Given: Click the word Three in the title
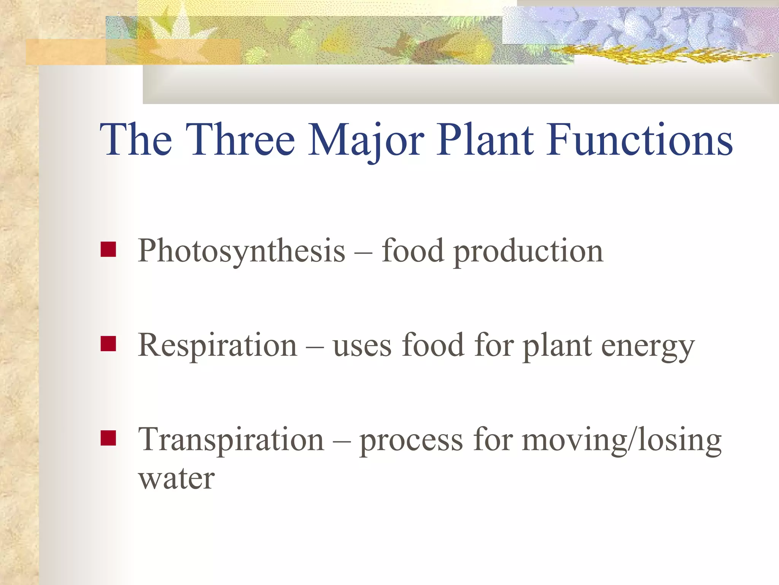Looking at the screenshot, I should tap(240, 140).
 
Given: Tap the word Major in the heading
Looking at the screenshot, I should tap(366, 140).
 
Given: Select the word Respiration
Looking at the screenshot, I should tap(217, 345).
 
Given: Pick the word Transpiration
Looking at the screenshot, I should tap(231, 440).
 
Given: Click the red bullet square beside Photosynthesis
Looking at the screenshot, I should tap(108, 249).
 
